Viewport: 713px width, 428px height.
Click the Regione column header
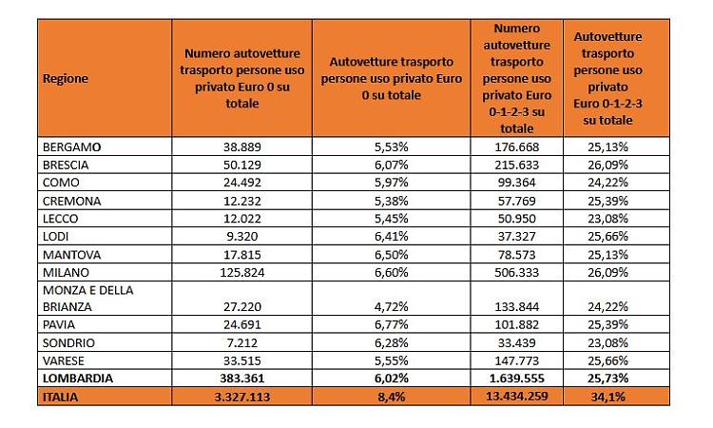(66, 79)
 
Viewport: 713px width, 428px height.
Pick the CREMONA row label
(72, 202)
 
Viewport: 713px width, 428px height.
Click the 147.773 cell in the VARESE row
(516, 360)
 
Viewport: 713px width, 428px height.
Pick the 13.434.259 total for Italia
(516, 397)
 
